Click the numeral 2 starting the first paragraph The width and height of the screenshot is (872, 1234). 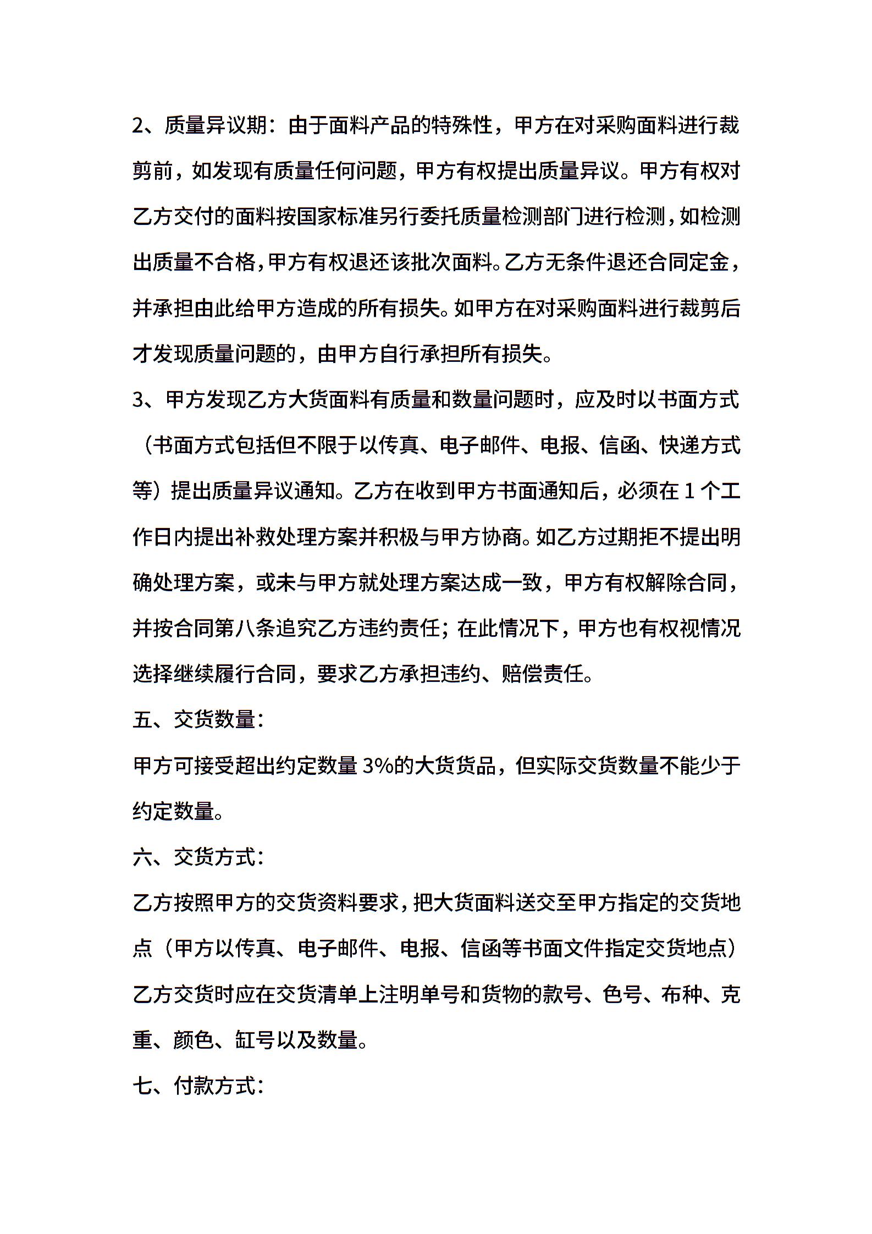(138, 126)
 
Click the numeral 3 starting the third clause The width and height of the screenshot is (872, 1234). (138, 400)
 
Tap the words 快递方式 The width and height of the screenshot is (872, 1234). (700, 445)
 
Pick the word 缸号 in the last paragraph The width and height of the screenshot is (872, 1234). (255, 1040)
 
